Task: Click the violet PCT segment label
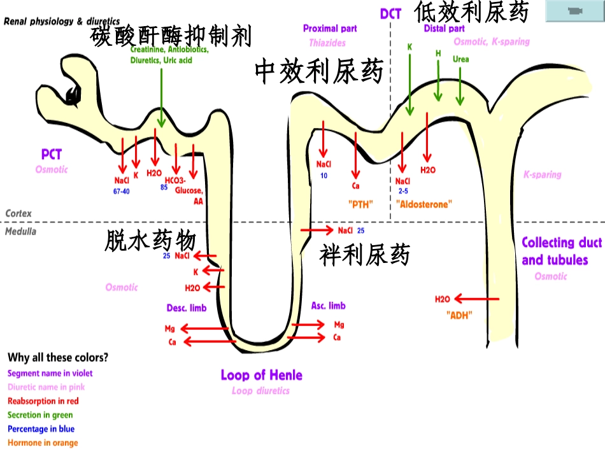52,154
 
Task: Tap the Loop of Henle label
261,375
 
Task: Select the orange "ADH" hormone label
459,315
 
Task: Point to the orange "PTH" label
360,204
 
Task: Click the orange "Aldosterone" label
423,204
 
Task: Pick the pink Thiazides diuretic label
327,43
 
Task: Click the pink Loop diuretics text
261,390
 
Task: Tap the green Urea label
461,59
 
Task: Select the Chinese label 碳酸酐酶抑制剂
171,36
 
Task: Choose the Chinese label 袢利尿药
365,255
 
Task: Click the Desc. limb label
187,308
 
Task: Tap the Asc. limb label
329,306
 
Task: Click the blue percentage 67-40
121,191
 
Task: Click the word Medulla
21,231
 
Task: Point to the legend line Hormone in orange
43,443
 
